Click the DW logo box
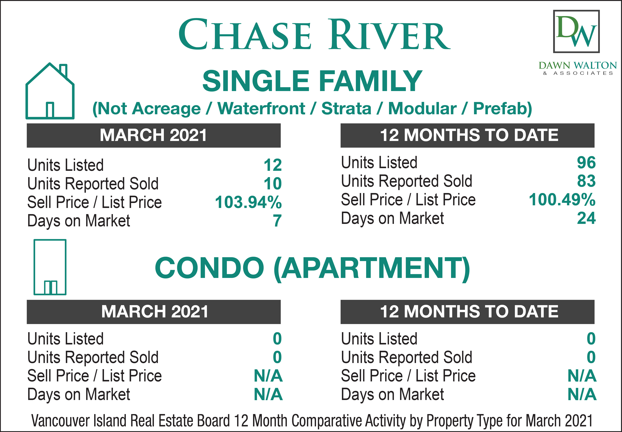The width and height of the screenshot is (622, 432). (x=576, y=31)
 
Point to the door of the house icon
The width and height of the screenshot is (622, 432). (x=50, y=110)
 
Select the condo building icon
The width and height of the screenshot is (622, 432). (x=50, y=267)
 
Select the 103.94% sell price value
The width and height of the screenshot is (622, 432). (x=248, y=202)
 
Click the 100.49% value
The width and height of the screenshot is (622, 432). (x=562, y=200)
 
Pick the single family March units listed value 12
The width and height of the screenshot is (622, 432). (x=273, y=165)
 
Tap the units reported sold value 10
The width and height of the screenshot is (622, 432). (x=273, y=184)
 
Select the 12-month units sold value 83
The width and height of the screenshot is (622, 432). (x=586, y=181)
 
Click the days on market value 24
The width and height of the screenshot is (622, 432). (x=586, y=218)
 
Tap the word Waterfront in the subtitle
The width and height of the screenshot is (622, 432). (x=261, y=109)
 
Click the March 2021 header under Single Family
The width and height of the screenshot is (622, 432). (x=154, y=135)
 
